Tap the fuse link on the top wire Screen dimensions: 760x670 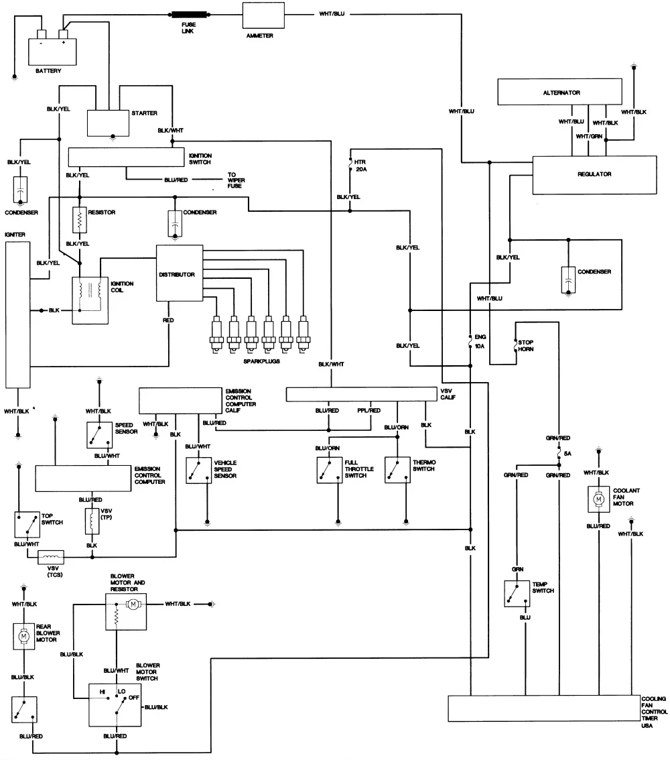click(190, 13)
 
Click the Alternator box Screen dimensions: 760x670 click(561, 92)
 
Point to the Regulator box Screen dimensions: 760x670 click(594, 174)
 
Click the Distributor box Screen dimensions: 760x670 click(180, 275)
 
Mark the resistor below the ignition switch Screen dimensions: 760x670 click(80, 220)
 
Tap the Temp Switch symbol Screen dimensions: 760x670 click(517, 593)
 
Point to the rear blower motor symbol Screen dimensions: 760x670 click(24, 635)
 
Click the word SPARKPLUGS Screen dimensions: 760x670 click(261, 361)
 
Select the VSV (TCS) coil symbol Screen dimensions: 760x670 click(50, 556)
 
